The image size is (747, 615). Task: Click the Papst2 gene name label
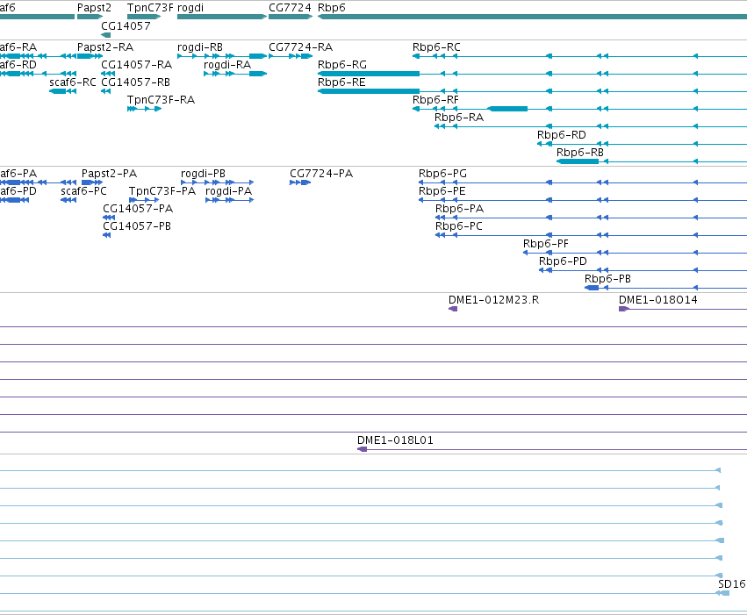tap(94, 8)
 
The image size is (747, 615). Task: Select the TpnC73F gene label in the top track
tap(150, 8)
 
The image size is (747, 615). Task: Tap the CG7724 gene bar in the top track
tap(291, 17)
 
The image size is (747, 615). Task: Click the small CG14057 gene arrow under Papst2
tap(105, 35)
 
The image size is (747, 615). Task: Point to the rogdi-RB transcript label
tap(200, 47)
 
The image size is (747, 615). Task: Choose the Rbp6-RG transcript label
tap(342, 64)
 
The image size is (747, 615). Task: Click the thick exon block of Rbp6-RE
tap(369, 91)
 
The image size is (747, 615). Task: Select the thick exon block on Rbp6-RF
tap(507, 109)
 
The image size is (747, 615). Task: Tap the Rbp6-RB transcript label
tap(580, 153)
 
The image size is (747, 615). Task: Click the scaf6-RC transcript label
tap(73, 82)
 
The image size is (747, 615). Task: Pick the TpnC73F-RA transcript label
tap(161, 100)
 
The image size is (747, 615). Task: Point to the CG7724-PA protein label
tap(321, 173)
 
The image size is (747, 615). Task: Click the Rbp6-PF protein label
tap(545, 244)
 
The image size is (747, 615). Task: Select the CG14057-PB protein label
tap(137, 226)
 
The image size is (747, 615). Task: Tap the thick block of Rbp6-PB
tap(592, 288)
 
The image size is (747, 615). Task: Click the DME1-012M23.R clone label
tap(493, 300)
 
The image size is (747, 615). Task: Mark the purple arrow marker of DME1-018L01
tap(362, 449)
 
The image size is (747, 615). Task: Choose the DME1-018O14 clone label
tap(658, 300)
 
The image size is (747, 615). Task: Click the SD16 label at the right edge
tap(732, 584)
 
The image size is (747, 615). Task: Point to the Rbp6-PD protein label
tap(563, 261)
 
